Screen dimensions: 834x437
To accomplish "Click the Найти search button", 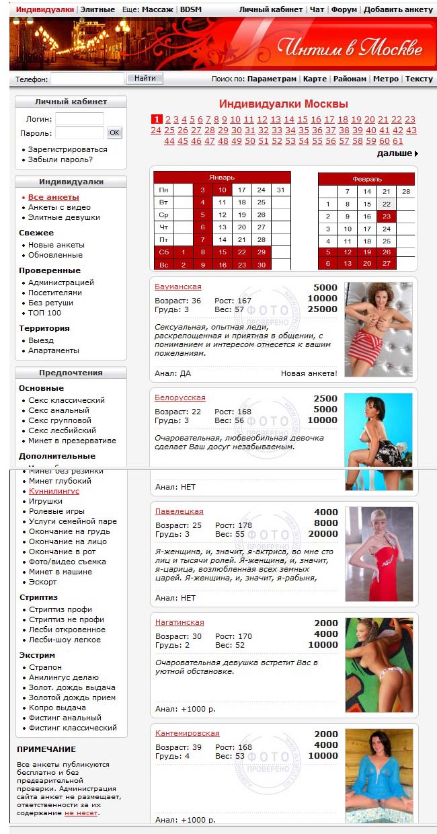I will [x=145, y=79].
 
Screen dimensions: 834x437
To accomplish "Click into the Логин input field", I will [x=79, y=118].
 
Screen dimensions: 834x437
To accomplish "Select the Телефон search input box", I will [x=87, y=79].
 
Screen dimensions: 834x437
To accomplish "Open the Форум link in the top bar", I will [x=344, y=10].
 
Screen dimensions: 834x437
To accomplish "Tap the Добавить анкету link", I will [x=399, y=10].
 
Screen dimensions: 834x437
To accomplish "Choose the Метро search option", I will [x=386, y=79].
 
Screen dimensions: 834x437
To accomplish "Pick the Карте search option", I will [x=315, y=79].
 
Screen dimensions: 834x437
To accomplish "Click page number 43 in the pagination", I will [x=411, y=130].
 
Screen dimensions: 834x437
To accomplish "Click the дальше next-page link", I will [x=397, y=153].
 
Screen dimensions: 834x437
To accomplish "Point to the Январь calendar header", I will [x=222, y=178].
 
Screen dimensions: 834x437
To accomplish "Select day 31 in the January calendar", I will [x=280, y=190].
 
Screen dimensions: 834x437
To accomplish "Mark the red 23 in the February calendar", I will [x=386, y=217].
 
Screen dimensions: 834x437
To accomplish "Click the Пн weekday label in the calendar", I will [x=163, y=190].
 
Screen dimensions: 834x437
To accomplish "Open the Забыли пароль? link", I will [x=61, y=160].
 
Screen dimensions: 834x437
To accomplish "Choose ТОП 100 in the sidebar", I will [x=44, y=313].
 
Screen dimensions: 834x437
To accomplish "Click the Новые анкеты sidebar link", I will [x=56, y=245].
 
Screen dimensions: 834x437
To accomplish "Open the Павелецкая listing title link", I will [x=179, y=512].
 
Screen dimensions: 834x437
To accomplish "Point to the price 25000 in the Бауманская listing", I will [x=323, y=309].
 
